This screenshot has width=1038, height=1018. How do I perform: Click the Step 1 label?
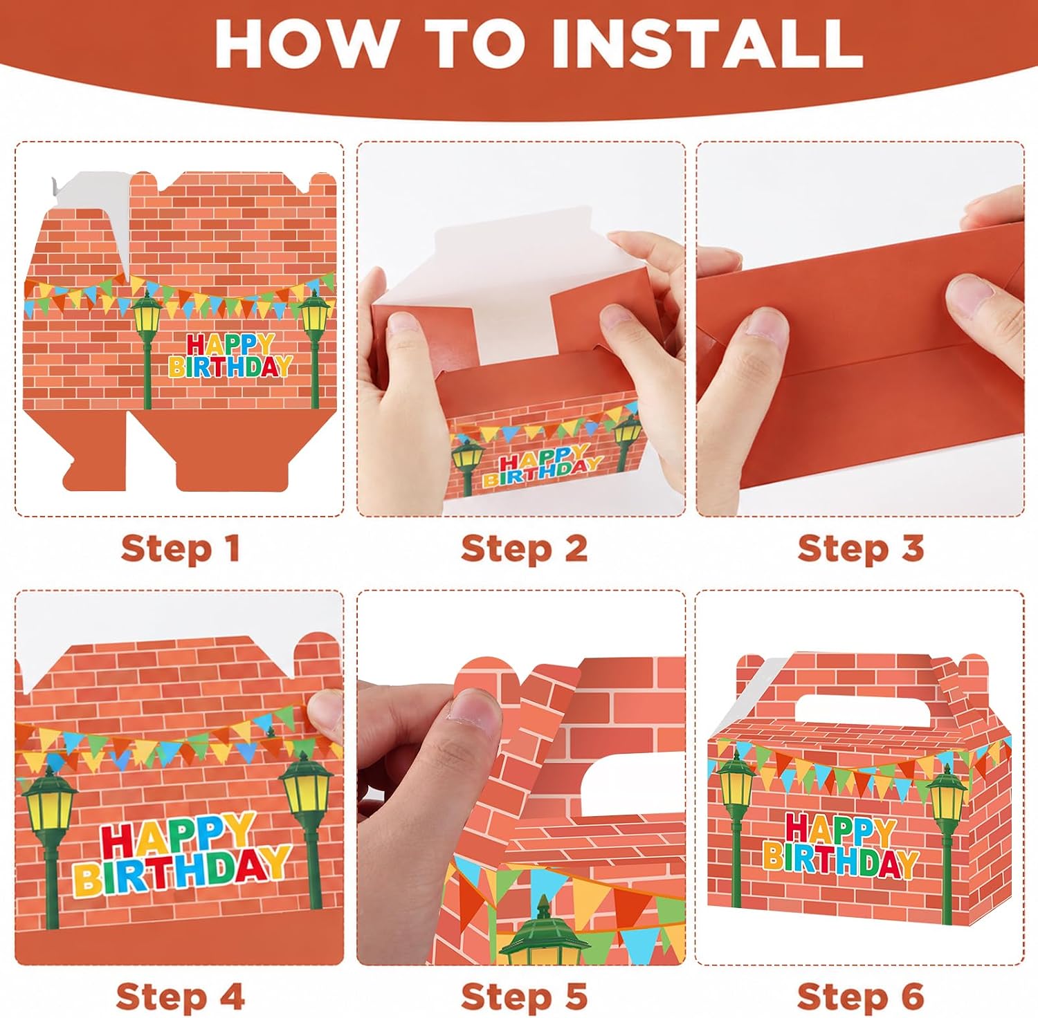tap(181, 549)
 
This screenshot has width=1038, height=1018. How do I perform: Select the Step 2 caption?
tap(524, 549)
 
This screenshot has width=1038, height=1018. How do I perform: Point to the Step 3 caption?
tap(861, 549)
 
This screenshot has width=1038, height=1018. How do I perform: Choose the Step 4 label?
tap(181, 997)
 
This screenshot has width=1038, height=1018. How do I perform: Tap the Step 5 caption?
tap(524, 997)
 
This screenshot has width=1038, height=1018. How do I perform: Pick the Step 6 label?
tap(861, 997)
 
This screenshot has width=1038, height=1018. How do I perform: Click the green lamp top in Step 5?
tap(544, 930)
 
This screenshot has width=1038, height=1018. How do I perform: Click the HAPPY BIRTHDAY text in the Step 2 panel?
tap(541, 467)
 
